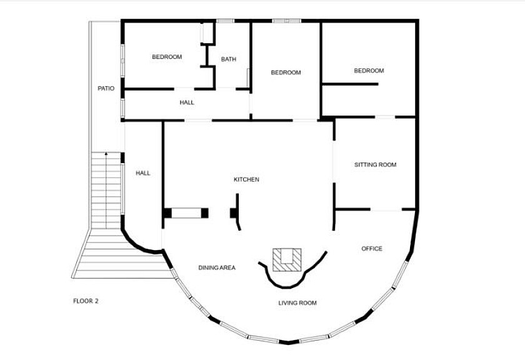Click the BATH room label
point(228,59)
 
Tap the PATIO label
point(106,88)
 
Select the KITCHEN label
point(246,179)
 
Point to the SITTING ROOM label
point(376,165)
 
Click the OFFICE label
point(372,249)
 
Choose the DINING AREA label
point(217,267)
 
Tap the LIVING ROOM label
point(297,303)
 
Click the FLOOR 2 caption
point(86,301)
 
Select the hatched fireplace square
point(287,260)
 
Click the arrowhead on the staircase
point(106,154)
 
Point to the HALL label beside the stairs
point(143,173)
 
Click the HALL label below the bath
point(187,102)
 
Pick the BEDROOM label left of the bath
point(167,57)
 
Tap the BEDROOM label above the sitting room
point(369,71)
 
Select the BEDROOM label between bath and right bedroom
point(286,72)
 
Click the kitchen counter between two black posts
point(186,213)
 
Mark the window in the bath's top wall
point(225,21)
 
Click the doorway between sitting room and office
point(386,209)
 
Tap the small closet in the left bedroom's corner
point(207,33)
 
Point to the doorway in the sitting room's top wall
point(385,117)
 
